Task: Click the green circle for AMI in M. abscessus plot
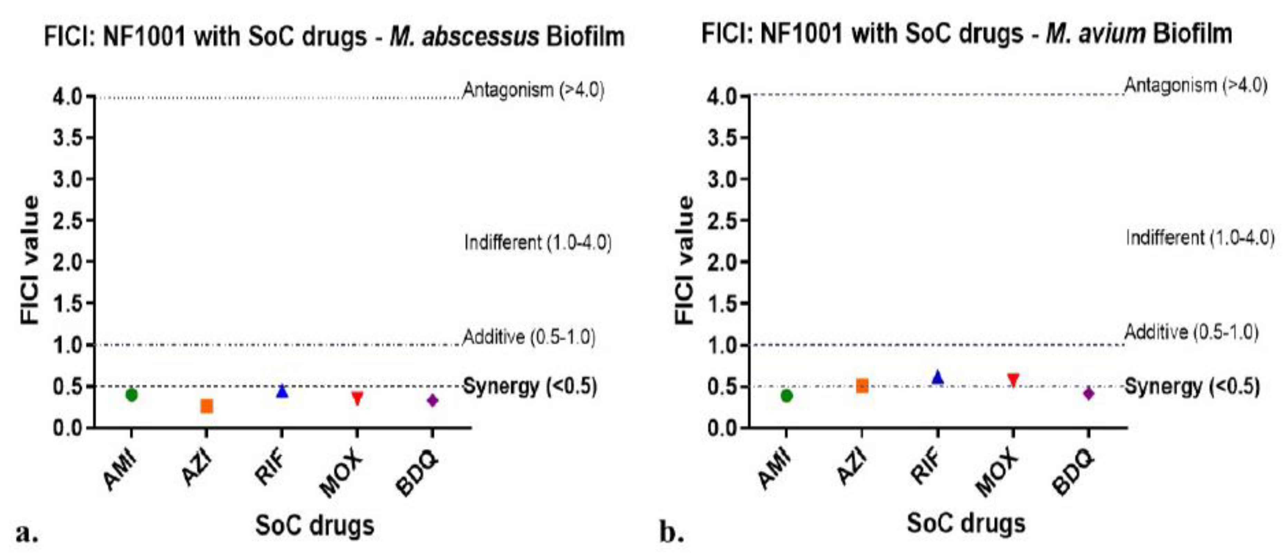[132, 395]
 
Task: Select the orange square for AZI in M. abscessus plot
[207, 406]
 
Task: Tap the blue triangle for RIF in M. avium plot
[938, 378]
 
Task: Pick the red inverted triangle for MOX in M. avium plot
[1013, 380]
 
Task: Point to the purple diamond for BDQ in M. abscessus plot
[433, 400]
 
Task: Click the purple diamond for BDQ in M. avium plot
[1089, 393]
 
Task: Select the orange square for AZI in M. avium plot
[862, 386]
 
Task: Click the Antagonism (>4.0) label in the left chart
[533, 91]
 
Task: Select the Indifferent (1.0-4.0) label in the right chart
[1200, 237]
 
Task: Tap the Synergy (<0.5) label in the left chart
[530, 387]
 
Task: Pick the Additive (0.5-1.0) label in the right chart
[1191, 332]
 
